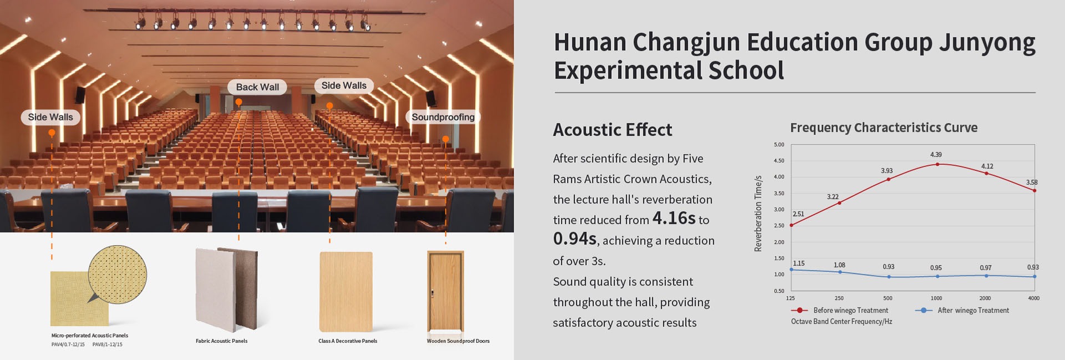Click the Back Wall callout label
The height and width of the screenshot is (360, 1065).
click(x=257, y=87)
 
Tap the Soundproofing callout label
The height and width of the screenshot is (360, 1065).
click(x=443, y=117)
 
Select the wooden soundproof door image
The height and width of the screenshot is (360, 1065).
click(x=445, y=291)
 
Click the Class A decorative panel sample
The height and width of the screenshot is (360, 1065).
click(x=346, y=292)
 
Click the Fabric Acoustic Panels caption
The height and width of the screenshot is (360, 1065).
click(x=221, y=341)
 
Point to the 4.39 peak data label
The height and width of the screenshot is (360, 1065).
click(x=936, y=155)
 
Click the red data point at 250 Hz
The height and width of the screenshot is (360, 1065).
click(x=839, y=203)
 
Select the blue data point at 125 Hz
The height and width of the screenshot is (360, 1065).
click(x=792, y=270)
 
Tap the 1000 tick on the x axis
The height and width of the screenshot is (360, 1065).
click(x=936, y=298)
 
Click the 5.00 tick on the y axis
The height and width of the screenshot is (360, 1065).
click(x=779, y=145)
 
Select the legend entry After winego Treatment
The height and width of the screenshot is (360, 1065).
click(x=962, y=311)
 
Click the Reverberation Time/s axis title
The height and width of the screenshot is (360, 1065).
click(x=758, y=214)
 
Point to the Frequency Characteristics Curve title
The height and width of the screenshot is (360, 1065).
click(x=884, y=128)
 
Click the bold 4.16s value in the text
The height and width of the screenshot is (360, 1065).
click(x=674, y=218)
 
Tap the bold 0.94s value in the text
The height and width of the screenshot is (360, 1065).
click(x=575, y=239)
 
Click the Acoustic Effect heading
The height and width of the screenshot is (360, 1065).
click(x=612, y=130)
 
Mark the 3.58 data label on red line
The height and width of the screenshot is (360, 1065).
click(x=1032, y=182)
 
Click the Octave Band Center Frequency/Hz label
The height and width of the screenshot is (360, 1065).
click(x=841, y=322)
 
